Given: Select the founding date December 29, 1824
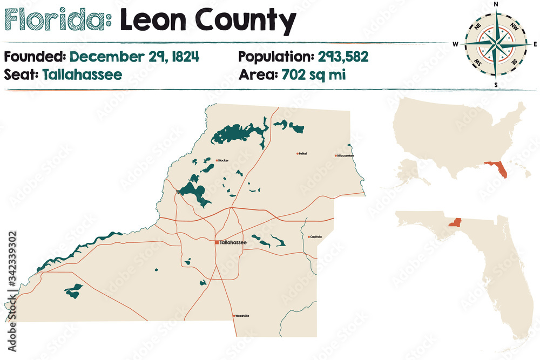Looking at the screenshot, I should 134,56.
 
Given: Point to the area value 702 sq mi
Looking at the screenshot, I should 314,74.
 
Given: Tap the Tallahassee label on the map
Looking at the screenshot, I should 233,243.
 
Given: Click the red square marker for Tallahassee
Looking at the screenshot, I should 217,243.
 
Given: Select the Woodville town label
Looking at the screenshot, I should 242,316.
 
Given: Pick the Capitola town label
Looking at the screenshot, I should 316,236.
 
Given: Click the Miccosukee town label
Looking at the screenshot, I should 346,155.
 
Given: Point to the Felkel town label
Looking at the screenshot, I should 302,154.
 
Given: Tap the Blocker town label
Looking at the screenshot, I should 224,160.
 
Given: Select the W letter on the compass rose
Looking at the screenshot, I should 456,44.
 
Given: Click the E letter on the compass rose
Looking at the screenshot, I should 535,44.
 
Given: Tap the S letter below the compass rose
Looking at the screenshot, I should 495,85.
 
